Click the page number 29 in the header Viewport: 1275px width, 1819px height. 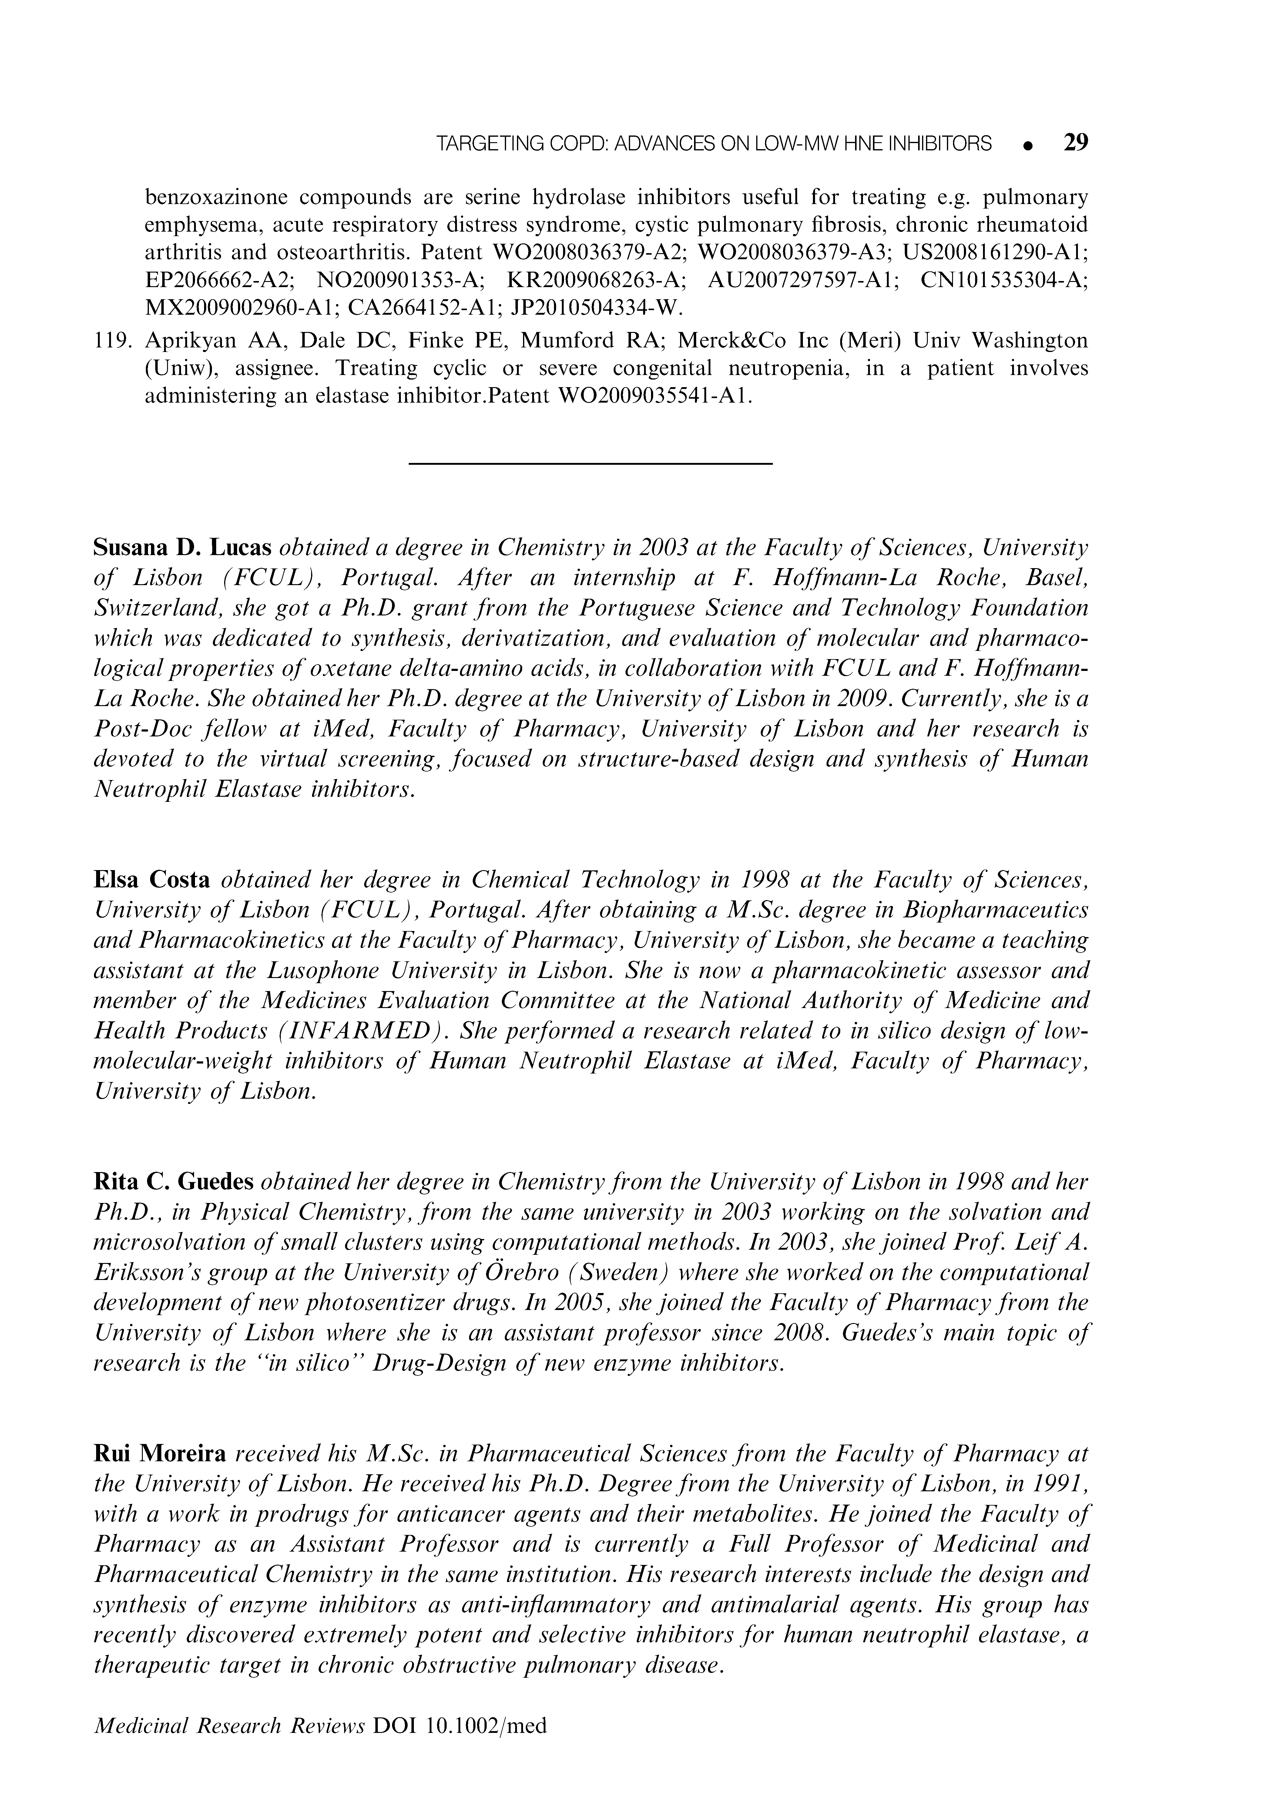tap(1075, 142)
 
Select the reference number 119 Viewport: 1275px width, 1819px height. tap(115, 341)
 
